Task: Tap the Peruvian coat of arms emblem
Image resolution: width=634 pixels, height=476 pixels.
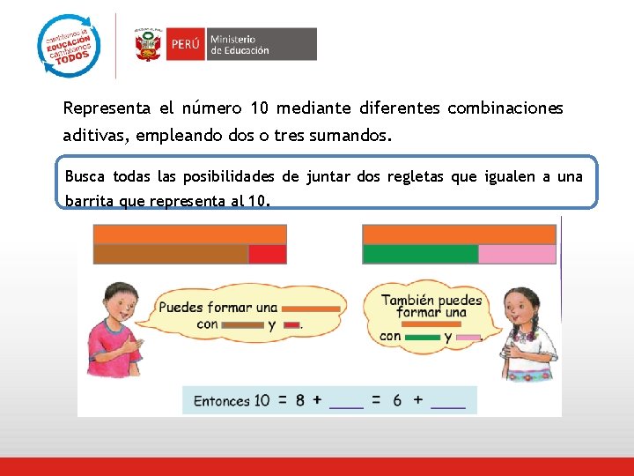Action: tap(147, 44)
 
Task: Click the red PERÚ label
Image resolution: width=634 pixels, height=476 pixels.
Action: tap(185, 44)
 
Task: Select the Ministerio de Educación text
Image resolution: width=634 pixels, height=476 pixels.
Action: tap(240, 45)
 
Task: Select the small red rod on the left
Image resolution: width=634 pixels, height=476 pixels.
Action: tap(267, 254)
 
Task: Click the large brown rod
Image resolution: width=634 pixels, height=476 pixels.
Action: tap(171, 254)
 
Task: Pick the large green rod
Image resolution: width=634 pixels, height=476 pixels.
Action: tap(420, 254)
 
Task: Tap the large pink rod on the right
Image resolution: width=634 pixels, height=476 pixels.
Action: tap(517, 254)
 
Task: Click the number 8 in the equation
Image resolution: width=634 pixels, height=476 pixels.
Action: tap(300, 400)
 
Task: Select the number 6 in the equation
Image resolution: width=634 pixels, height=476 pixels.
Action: tap(397, 400)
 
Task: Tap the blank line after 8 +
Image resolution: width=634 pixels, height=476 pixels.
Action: tap(346, 403)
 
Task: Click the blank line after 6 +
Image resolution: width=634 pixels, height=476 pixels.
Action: tap(448, 403)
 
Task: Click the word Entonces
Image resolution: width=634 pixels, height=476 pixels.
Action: tap(222, 401)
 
